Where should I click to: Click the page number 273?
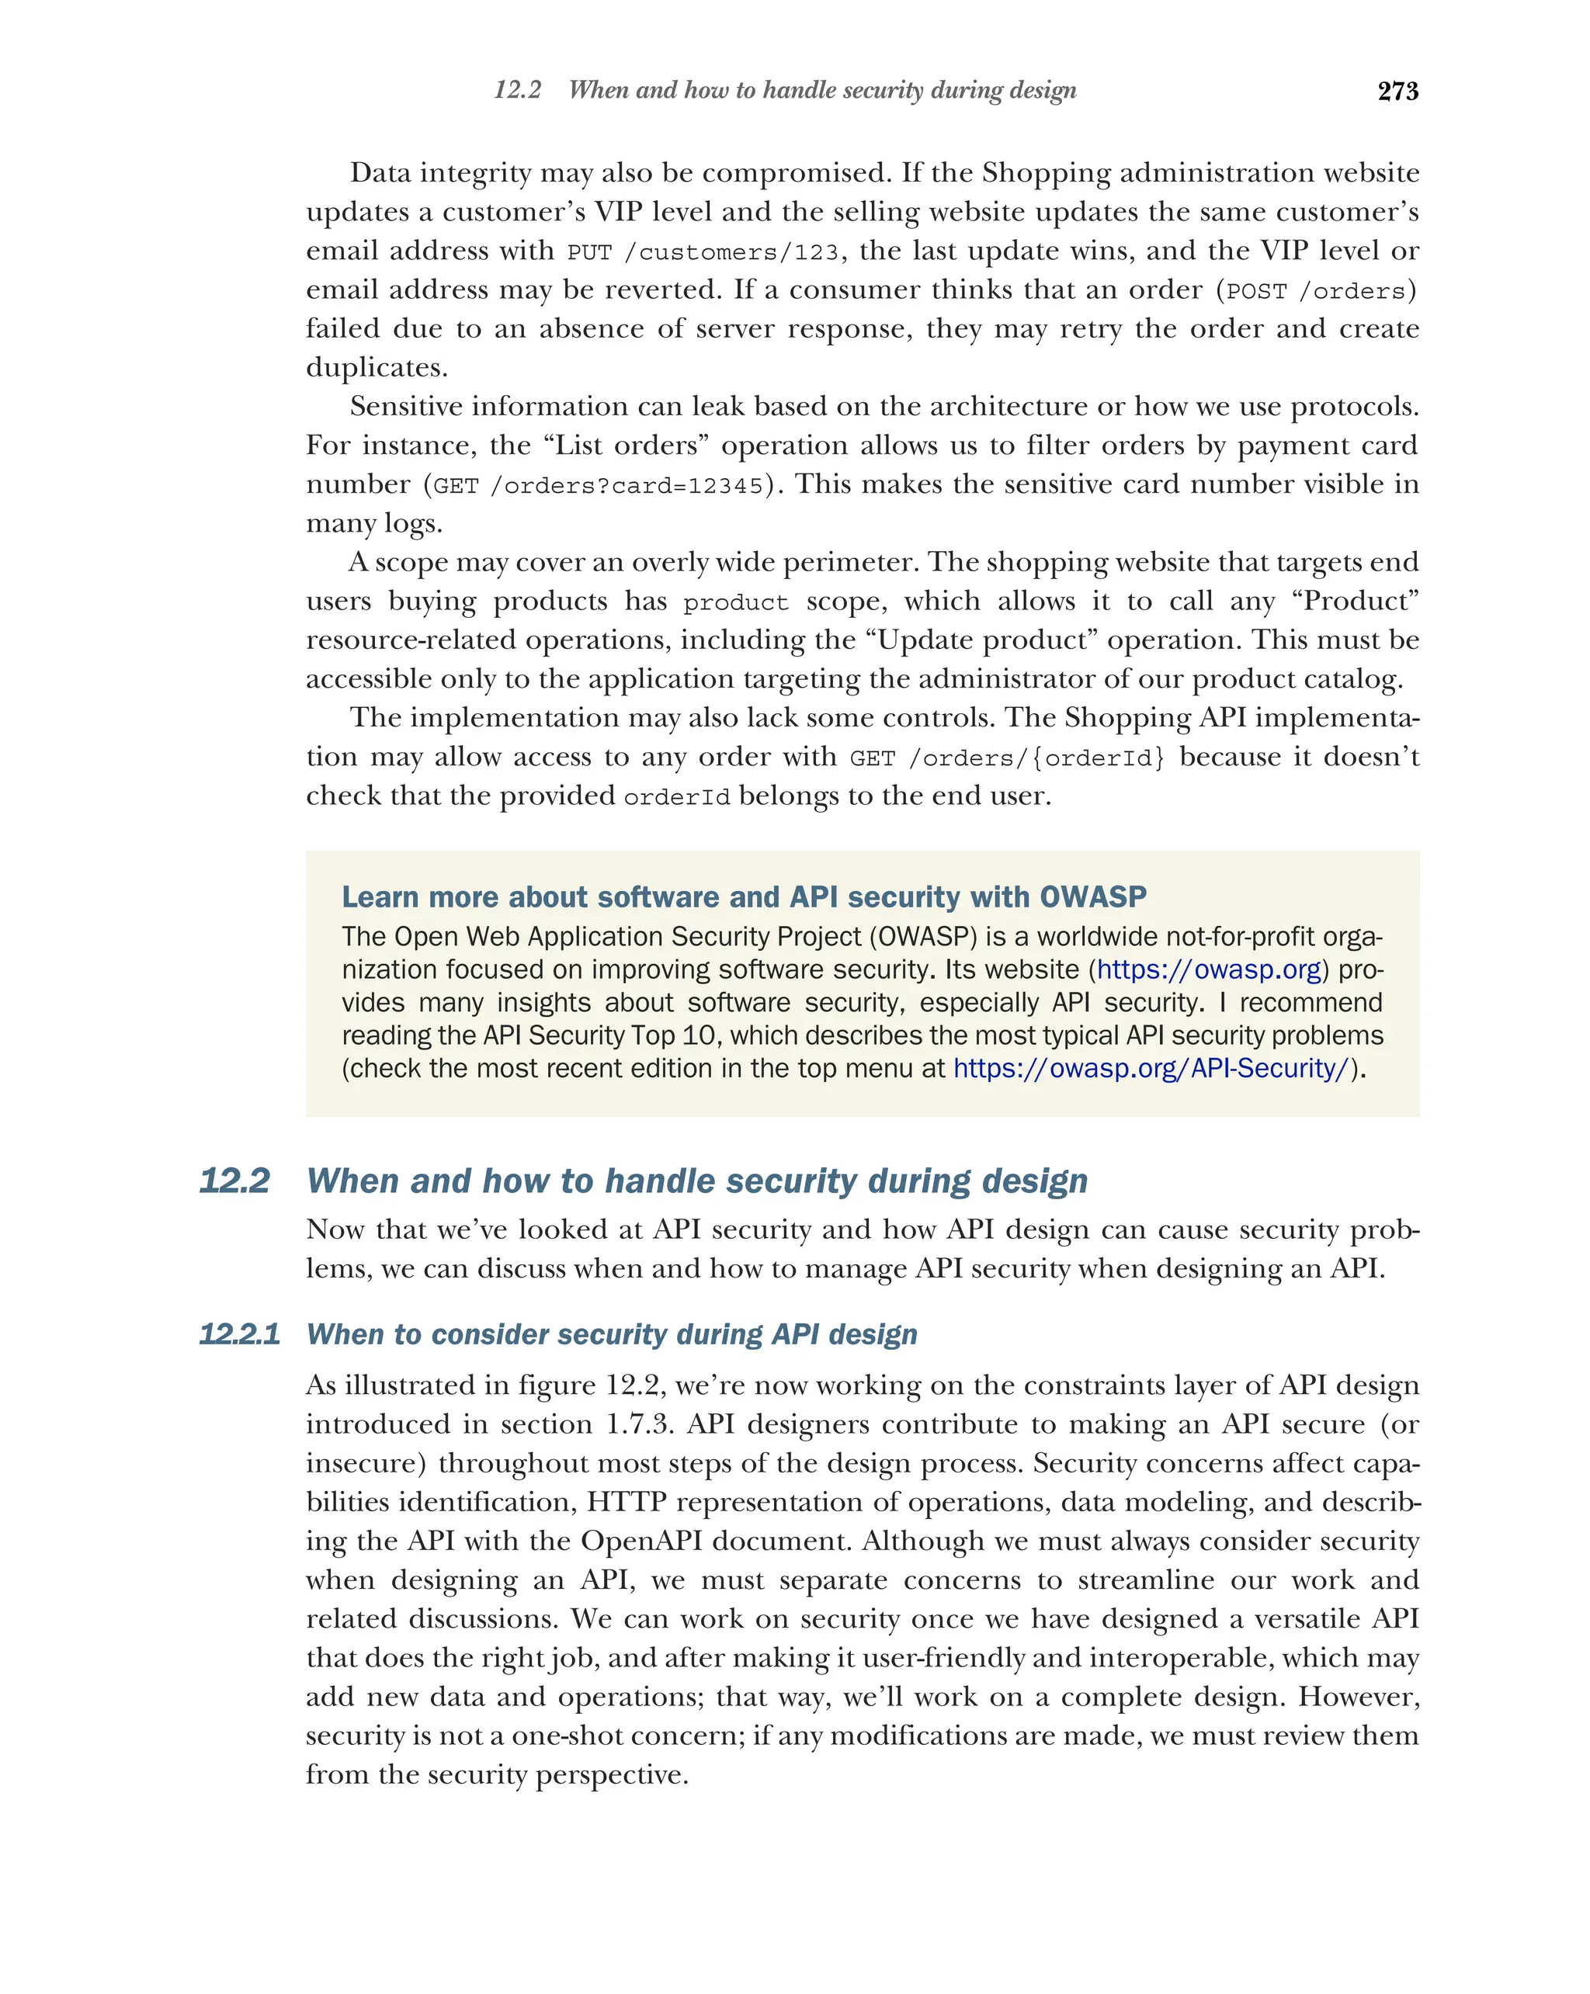1397,91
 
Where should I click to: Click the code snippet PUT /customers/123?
702,252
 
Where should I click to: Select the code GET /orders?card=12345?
599,486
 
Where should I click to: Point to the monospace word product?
735,603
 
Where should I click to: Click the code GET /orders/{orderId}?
1006,758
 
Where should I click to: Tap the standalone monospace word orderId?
676,797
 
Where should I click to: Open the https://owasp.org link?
1208,969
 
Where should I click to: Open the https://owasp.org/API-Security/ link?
1151,1068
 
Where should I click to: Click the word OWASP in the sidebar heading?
1092,896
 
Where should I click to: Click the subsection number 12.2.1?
240,1333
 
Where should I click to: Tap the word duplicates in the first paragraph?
376,368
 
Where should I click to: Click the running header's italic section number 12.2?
517,90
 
